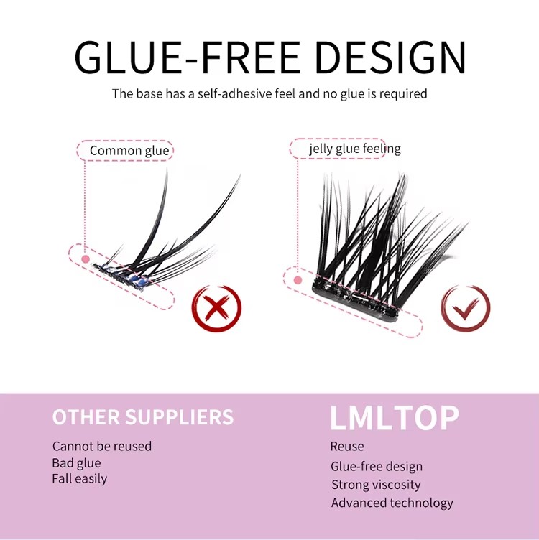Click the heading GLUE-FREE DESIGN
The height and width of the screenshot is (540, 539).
tap(269, 57)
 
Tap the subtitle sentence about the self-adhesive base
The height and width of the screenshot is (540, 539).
tap(269, 93)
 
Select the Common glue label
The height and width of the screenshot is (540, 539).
tap(129, 151)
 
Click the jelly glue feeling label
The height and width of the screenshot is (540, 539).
tap(355, 149)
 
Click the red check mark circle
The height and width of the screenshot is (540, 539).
tap(465, 309)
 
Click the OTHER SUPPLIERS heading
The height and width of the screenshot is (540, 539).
tap(143, 417)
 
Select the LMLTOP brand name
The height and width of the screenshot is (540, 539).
tap(394, 418)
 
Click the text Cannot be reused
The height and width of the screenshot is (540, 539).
tap(102, 446)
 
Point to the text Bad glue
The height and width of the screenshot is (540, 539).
tap(76, 463)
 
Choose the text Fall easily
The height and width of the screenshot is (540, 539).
tap(79, 478)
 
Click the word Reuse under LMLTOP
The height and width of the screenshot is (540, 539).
tap(347, 446)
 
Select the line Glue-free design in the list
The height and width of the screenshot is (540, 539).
tap(377, 467)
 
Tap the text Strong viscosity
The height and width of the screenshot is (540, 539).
tap(376, 485)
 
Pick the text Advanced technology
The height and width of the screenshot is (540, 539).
tap(392, 503)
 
